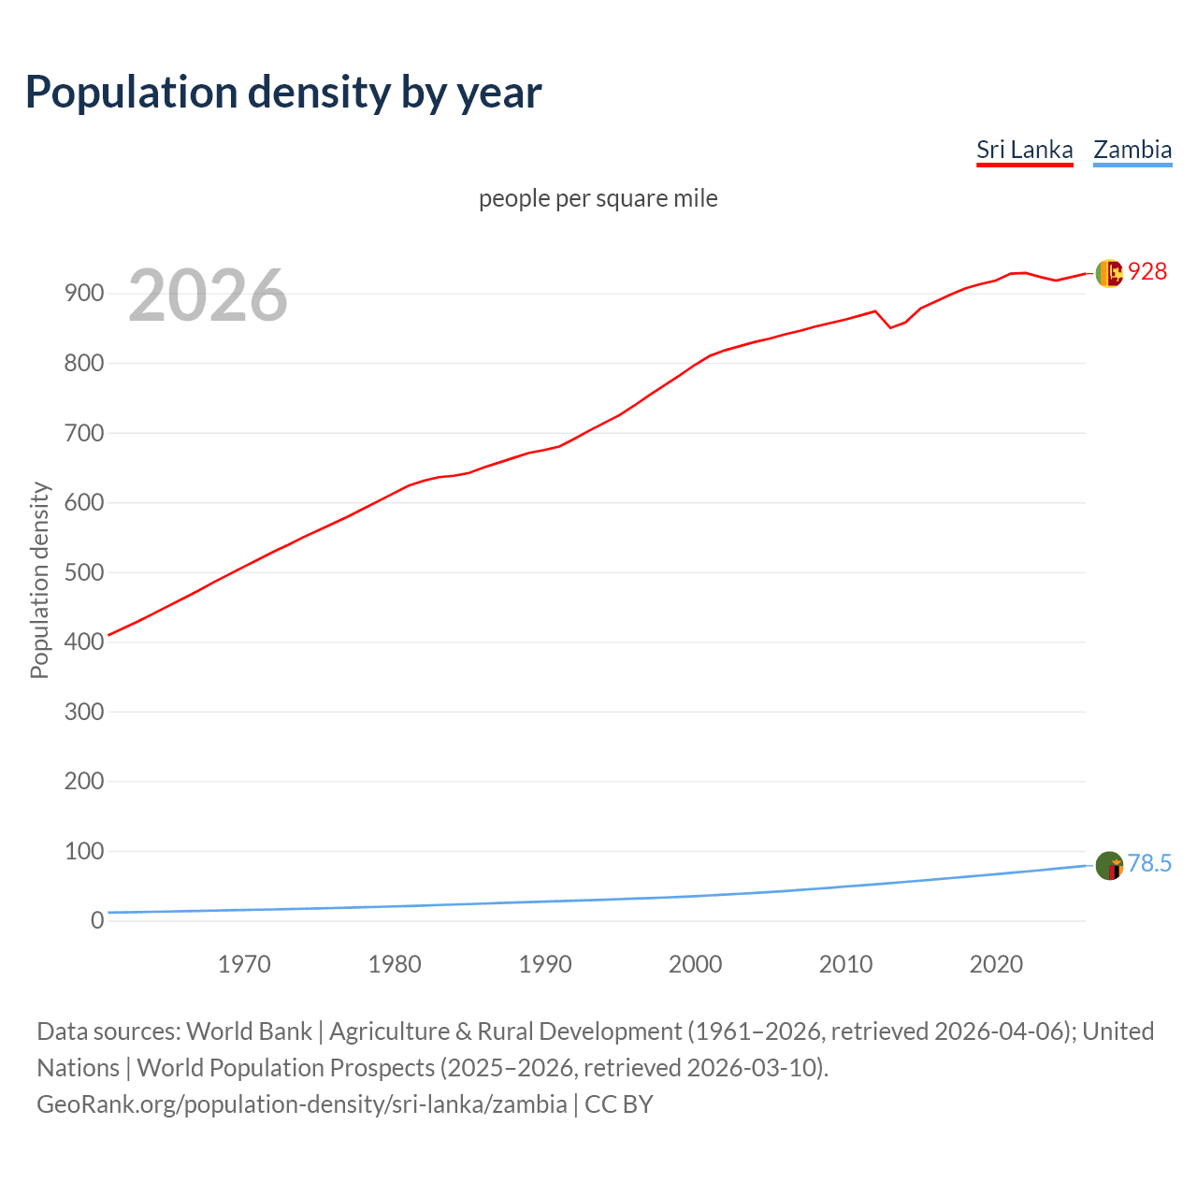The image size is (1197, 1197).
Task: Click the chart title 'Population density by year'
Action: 283,93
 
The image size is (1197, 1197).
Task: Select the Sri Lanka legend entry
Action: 1024,150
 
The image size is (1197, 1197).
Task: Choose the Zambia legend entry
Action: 1132,150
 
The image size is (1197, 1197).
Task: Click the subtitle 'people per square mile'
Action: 598,198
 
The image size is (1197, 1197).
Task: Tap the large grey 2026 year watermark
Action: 208,296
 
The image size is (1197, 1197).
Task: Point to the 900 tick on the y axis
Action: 83,294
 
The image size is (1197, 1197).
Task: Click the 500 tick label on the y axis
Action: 83,572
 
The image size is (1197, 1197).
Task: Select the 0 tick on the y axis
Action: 96,921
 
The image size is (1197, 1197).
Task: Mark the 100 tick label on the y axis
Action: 83,851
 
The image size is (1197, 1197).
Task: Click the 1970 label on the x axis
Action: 244,964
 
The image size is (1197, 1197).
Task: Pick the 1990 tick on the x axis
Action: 545,964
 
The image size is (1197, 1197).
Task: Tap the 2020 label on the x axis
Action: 996,964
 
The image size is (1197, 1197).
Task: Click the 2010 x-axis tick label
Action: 845,964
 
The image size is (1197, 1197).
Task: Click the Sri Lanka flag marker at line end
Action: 1109,273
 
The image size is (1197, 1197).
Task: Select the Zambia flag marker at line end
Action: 1109,865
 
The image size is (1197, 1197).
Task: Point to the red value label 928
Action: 1147,271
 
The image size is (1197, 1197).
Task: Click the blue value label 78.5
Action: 1149,863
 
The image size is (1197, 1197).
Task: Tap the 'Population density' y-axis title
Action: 39,580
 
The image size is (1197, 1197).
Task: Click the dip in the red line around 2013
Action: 890,327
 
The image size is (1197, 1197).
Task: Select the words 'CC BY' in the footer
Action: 618,1104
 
